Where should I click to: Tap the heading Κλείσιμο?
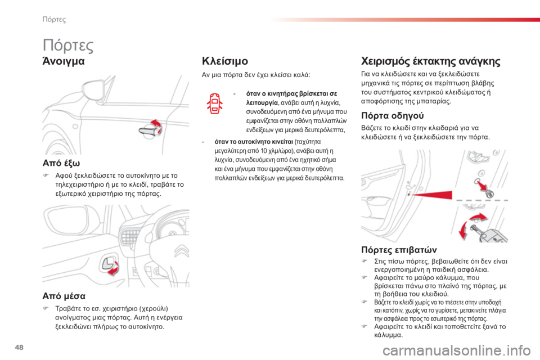(x=225, y=61)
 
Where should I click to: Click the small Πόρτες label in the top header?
(x=55, y=20)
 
